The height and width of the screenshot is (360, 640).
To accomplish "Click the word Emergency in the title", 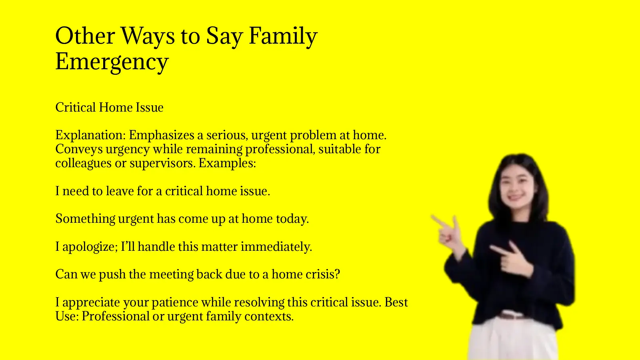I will click(x=112, y=62).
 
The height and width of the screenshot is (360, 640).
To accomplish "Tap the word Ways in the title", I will click(x=148, y=36).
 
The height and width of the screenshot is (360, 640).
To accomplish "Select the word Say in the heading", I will click(x=224, y=36).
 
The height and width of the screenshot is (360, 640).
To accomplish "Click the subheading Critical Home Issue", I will click(x=109, y=107).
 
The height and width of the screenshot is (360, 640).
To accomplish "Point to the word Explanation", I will click(x=90, y=135).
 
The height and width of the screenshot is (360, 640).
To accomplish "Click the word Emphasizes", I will click(x=162, y=135).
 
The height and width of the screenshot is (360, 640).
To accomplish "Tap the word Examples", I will click(x=227, y=163).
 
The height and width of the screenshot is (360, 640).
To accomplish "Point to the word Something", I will click(x=85, y=219).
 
